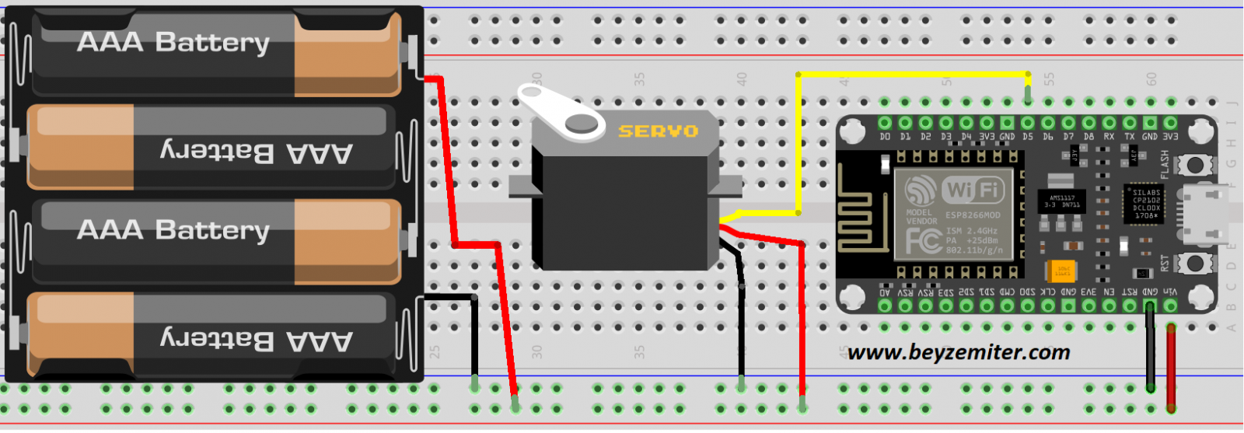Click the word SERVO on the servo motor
658,131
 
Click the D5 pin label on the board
1028,137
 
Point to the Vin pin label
1170,292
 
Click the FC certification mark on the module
923,241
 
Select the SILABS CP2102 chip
1145,204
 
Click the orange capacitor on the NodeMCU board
1061,271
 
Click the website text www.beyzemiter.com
959,353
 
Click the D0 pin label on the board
885,137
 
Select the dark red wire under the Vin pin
1171,365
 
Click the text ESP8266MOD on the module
973,215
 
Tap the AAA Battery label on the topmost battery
173,42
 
